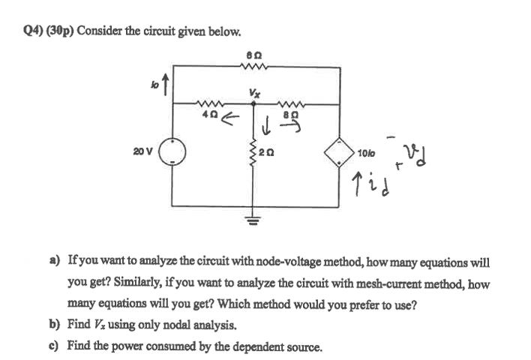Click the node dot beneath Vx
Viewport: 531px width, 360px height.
pyautogui.click(x=253, y=106)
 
